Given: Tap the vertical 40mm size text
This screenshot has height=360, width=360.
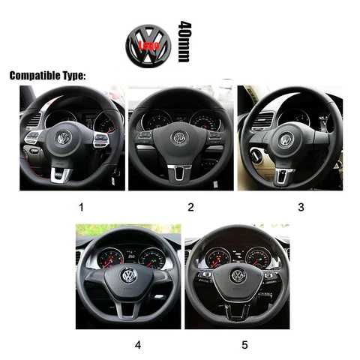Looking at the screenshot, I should pyautogui.click(x=184, y=42).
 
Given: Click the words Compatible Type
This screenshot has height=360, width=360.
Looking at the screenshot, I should pyautogui.click(x=47, y=76).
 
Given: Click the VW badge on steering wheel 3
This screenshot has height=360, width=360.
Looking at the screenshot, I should pyautogui.click(x=286, y=139).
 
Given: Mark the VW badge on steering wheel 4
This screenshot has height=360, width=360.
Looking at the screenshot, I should pyautogui.click(x=129, y=275).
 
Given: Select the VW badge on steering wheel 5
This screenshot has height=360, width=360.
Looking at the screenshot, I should pyautogui.click(x=238, y=276).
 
